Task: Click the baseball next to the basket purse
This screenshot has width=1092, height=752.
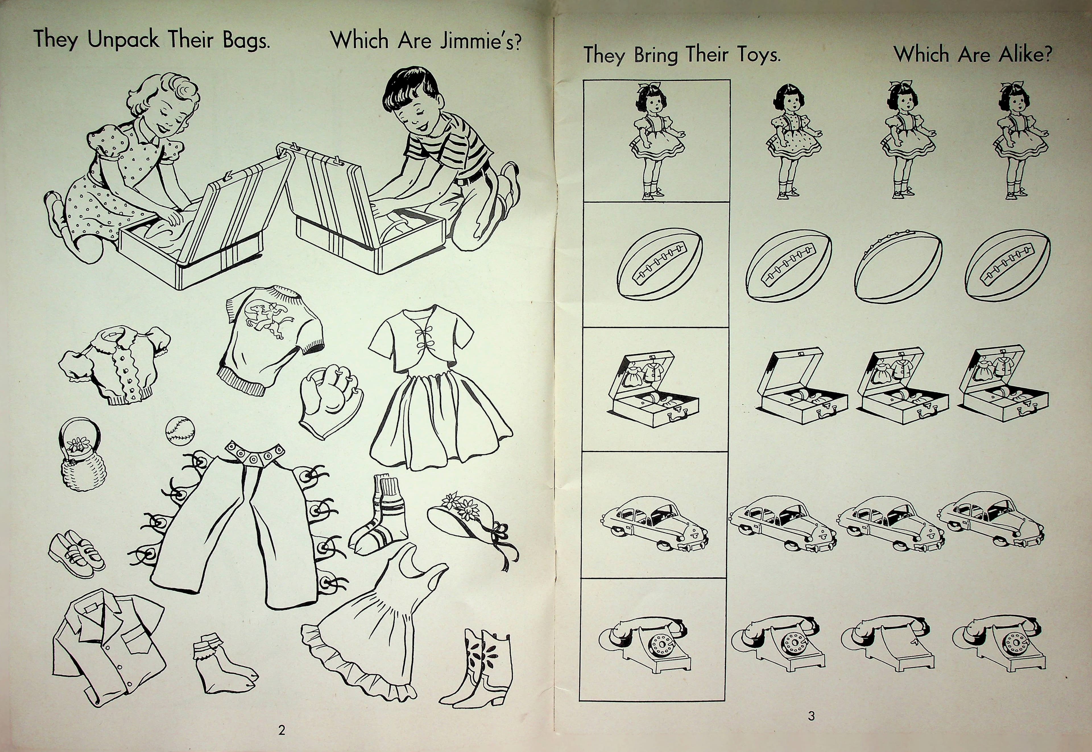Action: tap(179, 430)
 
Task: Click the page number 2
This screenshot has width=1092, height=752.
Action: tap(282, 731)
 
